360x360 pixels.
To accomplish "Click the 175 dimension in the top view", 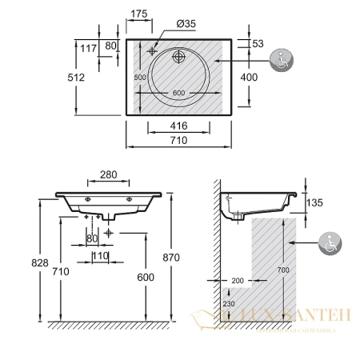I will [140, 14].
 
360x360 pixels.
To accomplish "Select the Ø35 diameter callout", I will [186, 24].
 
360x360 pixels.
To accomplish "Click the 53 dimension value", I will [258, 43].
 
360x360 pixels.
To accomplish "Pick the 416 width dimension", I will [180, 126].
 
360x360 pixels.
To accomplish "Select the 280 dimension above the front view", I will [110, 175].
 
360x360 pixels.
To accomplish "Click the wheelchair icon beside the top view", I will [282, 61].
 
